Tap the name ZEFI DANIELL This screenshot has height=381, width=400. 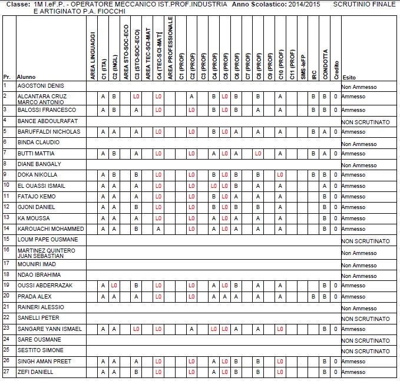(35, 372)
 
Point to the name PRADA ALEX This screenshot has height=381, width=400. (35, 296)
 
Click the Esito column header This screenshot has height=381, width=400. (349, 77)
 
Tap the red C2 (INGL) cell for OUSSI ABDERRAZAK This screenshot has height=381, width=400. (114, 286)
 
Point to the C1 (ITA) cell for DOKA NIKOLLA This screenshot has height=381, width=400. (103, 175)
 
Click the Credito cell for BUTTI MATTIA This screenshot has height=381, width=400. (335, 154)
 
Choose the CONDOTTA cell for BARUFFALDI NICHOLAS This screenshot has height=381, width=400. (325, 132)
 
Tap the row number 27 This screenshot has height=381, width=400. (6, 371)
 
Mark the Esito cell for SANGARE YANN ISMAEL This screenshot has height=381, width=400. (353, 329)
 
